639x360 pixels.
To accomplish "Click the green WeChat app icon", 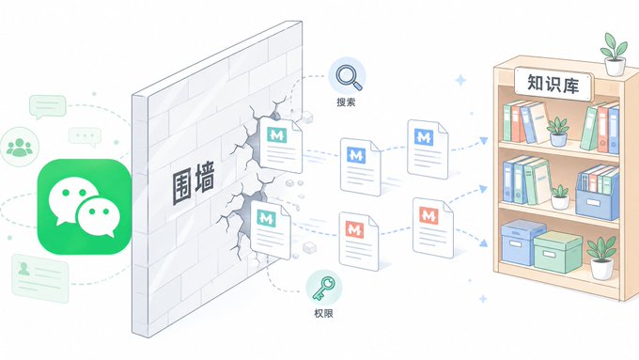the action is [85, 207].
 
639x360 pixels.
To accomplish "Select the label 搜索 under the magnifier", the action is [346, 102].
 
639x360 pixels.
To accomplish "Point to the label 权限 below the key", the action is [323, 313].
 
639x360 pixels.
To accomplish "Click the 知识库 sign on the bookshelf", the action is [553, 85].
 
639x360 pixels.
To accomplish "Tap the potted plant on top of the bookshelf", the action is [615, 55].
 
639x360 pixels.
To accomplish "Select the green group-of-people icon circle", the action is [20, 147].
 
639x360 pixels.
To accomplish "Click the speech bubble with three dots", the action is [85, 136].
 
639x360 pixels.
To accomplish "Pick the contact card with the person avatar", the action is [39, 278].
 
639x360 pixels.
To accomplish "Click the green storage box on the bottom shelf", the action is [557, 252].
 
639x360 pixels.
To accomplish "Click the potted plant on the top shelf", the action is [558, 132].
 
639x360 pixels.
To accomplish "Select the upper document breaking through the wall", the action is [281, 145].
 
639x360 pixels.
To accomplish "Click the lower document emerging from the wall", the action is [271, 229].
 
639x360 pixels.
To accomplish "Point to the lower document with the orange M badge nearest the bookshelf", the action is [433, 227].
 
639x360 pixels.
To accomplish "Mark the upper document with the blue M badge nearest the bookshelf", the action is [428, 149].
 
